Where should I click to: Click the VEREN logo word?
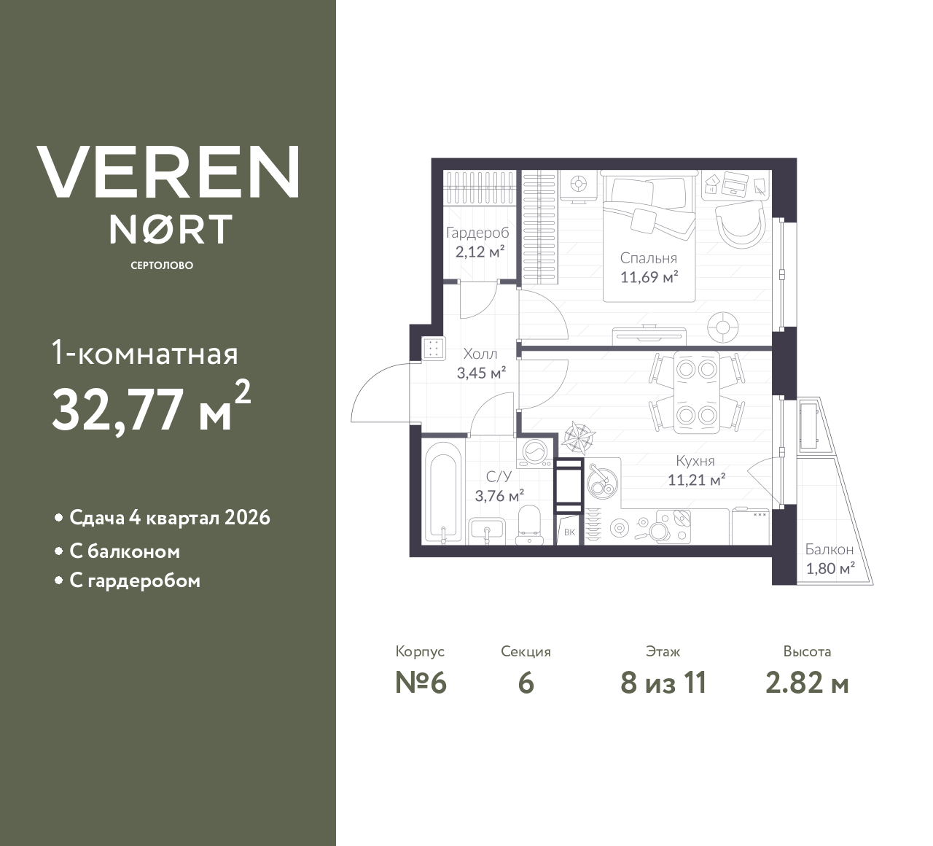point(168,172)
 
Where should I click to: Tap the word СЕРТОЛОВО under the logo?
point(162,265)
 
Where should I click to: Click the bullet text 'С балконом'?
point(125,551)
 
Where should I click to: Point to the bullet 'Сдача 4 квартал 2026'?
point(169,518)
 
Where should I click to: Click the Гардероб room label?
point(477,233)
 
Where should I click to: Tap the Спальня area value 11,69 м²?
point(649,277)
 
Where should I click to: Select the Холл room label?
point(480,354)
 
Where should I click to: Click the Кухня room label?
point(695,461)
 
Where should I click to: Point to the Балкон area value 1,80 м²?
point(829,568)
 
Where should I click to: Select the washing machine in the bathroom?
point(536,453)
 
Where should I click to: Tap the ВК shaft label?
point(569,532)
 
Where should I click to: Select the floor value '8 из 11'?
point(663,683)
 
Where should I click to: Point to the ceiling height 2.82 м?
point(807,683)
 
